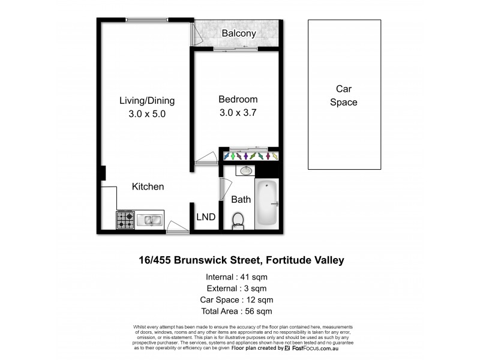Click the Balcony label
[239, 34]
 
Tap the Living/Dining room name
[146, 100]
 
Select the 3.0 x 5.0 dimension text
[146, 113]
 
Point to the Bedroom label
[238, 100]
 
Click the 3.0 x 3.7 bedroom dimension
[238, 112]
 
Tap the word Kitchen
[148, 187]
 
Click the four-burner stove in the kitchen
[125, 220]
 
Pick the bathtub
[267, 204]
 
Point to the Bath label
[241, 199]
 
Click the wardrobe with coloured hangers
[251, 156]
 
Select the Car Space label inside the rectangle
[343, 95]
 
